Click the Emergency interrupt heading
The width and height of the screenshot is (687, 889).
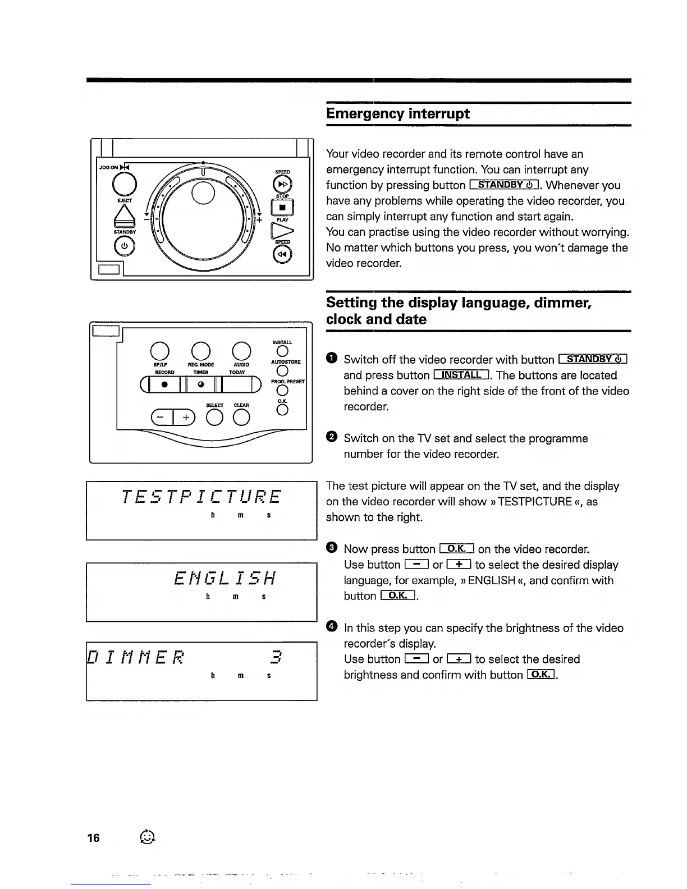[x=398, y=114]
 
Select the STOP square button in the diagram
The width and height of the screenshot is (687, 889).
[x=282, y=208]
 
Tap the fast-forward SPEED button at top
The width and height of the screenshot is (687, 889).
[x=282, y=184]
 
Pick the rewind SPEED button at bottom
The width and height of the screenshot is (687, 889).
[x=282, y=255]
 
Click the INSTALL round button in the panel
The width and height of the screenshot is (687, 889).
[x=282, y=351]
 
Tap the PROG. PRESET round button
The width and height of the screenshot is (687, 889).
[x=282, y=391]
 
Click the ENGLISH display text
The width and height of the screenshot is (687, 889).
[x=226, y=578]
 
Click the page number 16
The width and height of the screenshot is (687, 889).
[x=93, y=838]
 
